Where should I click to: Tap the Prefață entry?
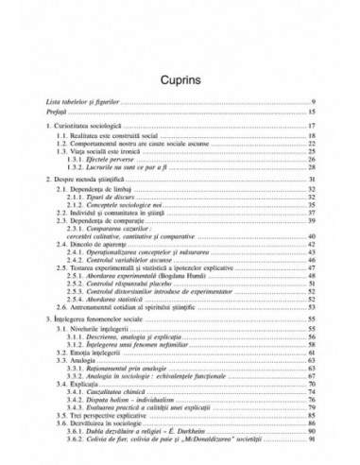59,112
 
